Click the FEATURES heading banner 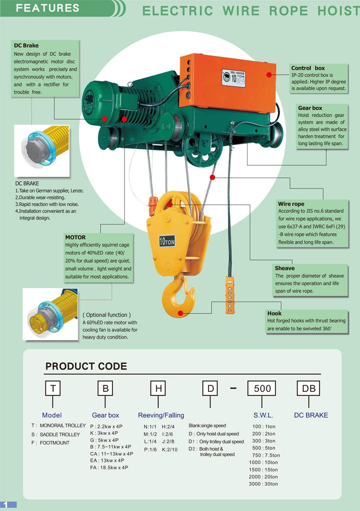(48, 8)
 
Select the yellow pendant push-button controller (230, 296)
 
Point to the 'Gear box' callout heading (310, 108)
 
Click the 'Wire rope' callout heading (291, 204)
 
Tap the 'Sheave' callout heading (284, 268)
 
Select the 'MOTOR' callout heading (75, 237)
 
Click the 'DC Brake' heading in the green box (26, 46)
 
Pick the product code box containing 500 (262, 388)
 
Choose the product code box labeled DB (308, 388)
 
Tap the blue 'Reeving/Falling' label (161, 415)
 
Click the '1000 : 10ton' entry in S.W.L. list (263, 462)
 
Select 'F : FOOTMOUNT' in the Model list (50, 443)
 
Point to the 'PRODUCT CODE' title (86, 366)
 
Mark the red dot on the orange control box (269, 75)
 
